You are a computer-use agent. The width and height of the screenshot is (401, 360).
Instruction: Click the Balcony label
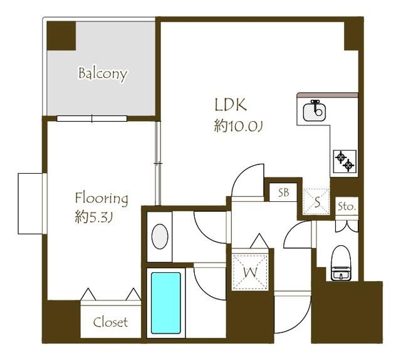coord(103,74)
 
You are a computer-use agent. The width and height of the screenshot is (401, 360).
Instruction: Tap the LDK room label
coord(231,105)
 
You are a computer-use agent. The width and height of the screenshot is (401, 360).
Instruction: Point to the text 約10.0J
coord(238,126)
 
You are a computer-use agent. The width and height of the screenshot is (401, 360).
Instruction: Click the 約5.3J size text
coord(94,218)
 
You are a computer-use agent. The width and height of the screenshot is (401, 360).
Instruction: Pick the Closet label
coord(110,322)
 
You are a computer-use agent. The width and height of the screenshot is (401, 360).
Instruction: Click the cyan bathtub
coord(165,303)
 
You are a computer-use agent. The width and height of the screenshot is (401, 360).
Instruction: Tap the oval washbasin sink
coord(160,236)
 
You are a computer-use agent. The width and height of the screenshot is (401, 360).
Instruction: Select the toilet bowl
coord(341,263)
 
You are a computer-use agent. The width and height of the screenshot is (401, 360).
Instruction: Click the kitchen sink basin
coord(315,111)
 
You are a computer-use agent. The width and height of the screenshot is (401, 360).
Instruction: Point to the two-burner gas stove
coord(345,161)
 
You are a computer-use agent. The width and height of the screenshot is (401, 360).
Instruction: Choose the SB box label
coord(284,193)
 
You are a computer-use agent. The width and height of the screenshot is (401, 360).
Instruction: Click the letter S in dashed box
coord(317,202)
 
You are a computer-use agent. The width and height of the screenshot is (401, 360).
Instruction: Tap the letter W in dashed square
coord(250,272)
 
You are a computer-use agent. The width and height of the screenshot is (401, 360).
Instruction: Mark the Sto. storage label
coord(346,206)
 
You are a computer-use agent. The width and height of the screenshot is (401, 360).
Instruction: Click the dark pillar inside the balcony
coord(61,36)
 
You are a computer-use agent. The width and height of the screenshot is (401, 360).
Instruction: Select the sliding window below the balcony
coord(92,119)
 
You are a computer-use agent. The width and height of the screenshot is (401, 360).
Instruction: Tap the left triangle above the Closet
coord(88,294)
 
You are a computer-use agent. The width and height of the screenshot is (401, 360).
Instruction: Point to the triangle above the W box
coord(259,241)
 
